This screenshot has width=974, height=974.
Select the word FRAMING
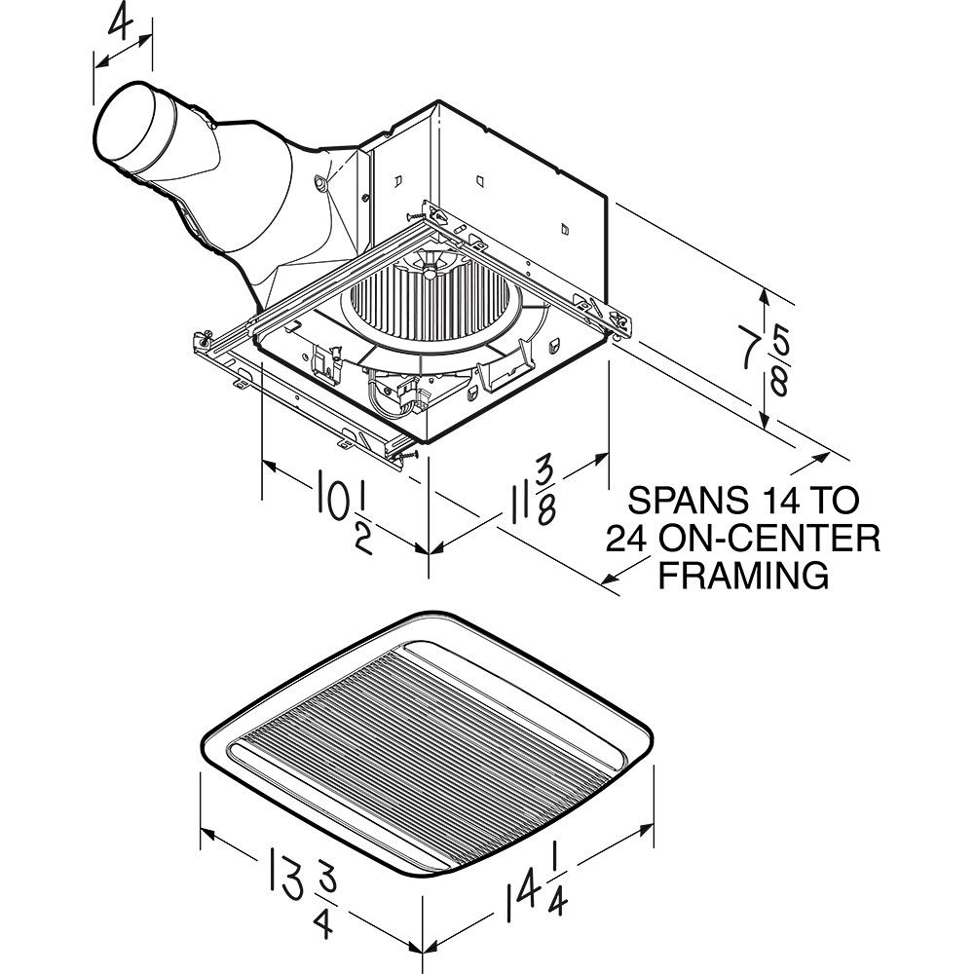[x=744, y=575]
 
